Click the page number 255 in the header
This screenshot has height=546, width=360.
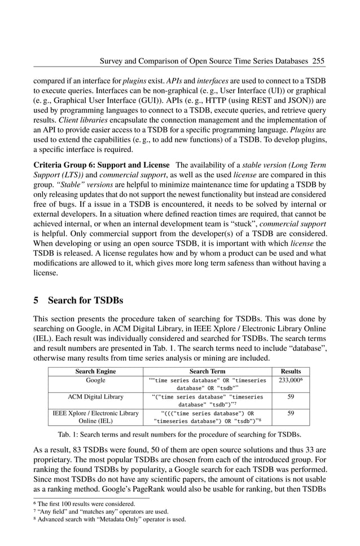point(318,60)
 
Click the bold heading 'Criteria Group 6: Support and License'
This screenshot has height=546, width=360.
point(102,165)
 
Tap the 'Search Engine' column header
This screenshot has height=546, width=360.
point(95,371)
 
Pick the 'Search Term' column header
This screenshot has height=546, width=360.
point(207,371)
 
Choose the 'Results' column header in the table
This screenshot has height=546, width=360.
point(291,371)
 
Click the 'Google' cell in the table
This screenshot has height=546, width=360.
point(95,381)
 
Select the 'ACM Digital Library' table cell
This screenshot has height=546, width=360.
point(95,397)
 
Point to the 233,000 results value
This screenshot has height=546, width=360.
point(290,381)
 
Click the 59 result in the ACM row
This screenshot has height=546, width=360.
point(291,397)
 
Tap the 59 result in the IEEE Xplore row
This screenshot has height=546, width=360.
point(291,413)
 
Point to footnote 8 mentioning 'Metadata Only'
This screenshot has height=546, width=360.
point(111,519)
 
